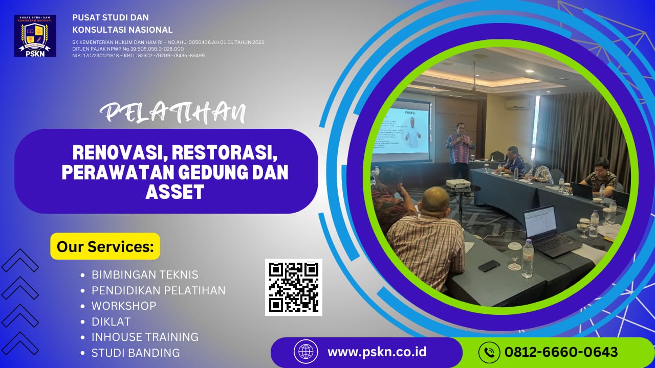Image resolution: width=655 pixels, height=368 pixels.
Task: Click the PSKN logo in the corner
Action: click(35, 35)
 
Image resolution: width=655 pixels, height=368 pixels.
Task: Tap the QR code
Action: click(294, 287)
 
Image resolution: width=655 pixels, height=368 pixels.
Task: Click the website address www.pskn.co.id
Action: click(377, 352)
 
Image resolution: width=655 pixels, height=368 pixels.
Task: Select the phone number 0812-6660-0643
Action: click(561, 352)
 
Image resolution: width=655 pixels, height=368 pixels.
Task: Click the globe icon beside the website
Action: click(306, 352)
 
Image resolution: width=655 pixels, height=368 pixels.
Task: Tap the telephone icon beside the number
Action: click(489, 352)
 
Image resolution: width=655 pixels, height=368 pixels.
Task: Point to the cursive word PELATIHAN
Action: click(172, 112)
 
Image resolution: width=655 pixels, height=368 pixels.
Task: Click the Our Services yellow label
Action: click(105, 246)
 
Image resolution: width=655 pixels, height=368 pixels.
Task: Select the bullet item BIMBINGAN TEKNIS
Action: click(145, 275)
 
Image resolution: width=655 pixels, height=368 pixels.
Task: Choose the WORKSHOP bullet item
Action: click(124, 306)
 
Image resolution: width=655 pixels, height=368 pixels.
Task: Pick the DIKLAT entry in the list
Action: click(111, 321)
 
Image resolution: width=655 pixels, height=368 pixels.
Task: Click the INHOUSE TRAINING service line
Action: click(145, 337)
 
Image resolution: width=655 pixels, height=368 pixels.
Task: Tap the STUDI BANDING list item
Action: click(136, 353)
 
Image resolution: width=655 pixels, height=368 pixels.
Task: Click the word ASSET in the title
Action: click(175, 192)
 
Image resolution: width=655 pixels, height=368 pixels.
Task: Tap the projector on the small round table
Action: click(458, 183)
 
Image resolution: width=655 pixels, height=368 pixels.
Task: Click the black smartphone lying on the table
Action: click(489, 266)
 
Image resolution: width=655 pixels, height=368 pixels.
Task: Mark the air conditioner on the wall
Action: click(517, 104)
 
